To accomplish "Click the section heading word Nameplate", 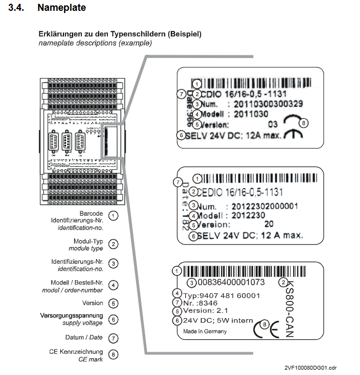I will coord(62,8).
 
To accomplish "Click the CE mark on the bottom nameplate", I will coord(266,328).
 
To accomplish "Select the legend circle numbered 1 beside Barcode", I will coord(113,216).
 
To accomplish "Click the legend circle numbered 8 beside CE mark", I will coord(113,354).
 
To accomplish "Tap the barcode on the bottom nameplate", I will coord(234,270).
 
